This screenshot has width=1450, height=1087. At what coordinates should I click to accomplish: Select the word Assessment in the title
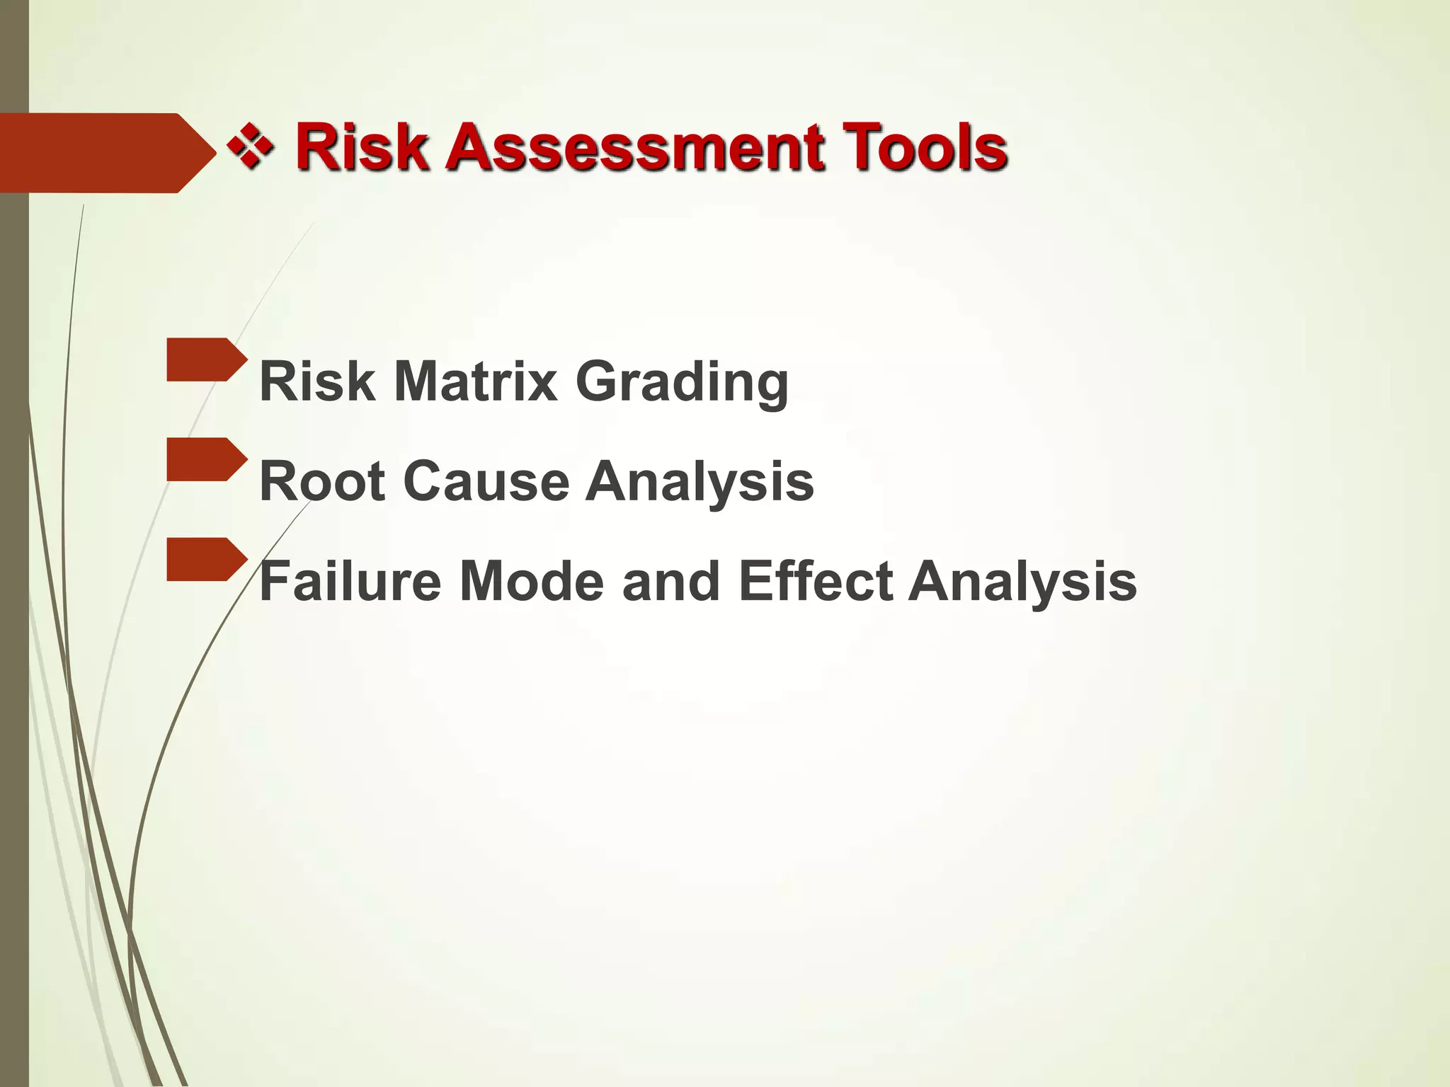coord(634,147)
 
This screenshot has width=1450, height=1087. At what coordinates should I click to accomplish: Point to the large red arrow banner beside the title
coord(99,153)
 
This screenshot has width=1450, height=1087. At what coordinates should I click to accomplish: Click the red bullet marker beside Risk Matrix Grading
coord(205,360)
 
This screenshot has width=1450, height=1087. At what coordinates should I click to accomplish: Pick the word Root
coord(322,481)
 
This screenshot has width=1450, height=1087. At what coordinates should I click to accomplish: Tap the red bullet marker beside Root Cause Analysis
coord(205,459)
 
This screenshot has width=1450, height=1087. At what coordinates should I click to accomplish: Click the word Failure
coord(351,581)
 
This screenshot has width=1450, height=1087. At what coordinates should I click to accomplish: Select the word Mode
coord(532,581)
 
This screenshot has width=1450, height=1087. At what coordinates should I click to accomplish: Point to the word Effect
coord(815,581)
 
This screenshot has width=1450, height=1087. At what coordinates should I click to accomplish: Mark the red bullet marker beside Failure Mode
coord(205,559)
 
